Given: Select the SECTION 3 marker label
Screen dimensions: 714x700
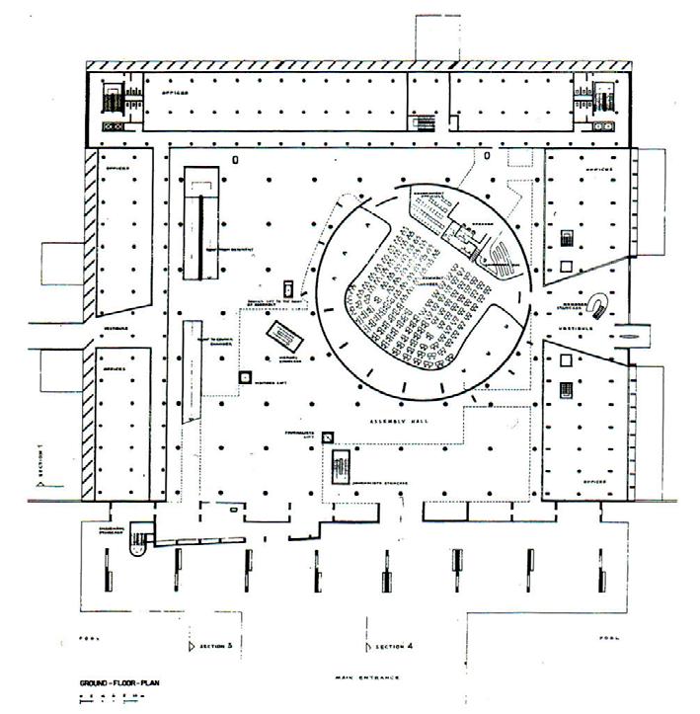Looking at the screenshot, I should pyautogui.click(x=215, y=646).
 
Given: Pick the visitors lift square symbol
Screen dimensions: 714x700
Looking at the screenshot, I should pyautogui.click(x=244, y=376).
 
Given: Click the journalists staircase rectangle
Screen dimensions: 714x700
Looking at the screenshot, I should pyautogui.click(x=341, y=465).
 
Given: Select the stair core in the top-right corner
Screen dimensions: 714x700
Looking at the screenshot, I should pyautogui.click(x=585, y=101).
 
